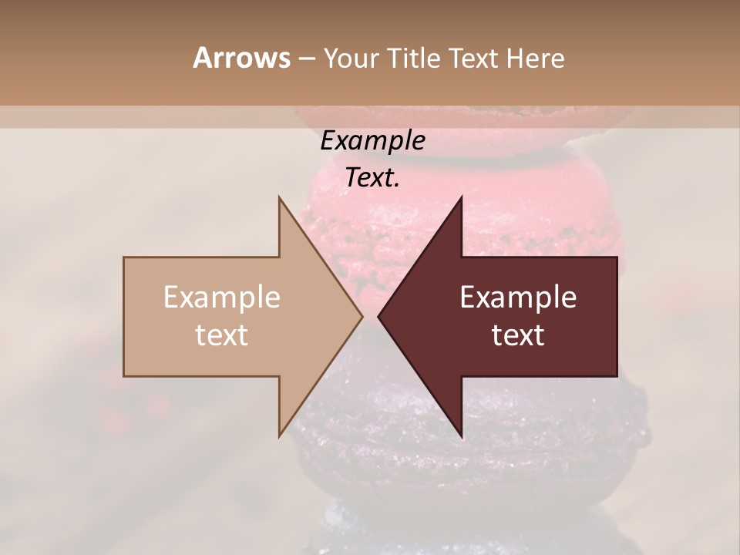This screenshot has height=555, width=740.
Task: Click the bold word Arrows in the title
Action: point(241,58)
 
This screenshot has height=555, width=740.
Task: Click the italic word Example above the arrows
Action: point(372,140)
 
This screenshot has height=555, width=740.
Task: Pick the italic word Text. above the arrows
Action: point(372,178)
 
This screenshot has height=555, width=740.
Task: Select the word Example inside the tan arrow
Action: point(222,297)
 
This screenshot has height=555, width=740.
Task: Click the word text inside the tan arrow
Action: point(222,335)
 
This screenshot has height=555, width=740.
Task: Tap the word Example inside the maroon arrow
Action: point(518,297)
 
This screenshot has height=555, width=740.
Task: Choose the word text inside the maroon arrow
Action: point(518,335)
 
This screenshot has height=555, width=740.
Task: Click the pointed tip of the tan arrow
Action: point(362,316)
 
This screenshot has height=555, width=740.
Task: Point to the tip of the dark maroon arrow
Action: point(378,316)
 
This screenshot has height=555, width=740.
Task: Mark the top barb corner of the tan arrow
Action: point(279,197)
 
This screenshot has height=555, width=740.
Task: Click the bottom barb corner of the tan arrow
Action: point(279,436)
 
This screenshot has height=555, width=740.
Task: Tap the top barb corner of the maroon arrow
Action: point(461,197)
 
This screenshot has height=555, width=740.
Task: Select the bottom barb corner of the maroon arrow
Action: point(461,436)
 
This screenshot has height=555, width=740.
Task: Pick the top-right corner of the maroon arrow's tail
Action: point(617,257)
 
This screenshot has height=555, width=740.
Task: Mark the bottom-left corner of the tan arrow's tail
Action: point(124,376)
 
